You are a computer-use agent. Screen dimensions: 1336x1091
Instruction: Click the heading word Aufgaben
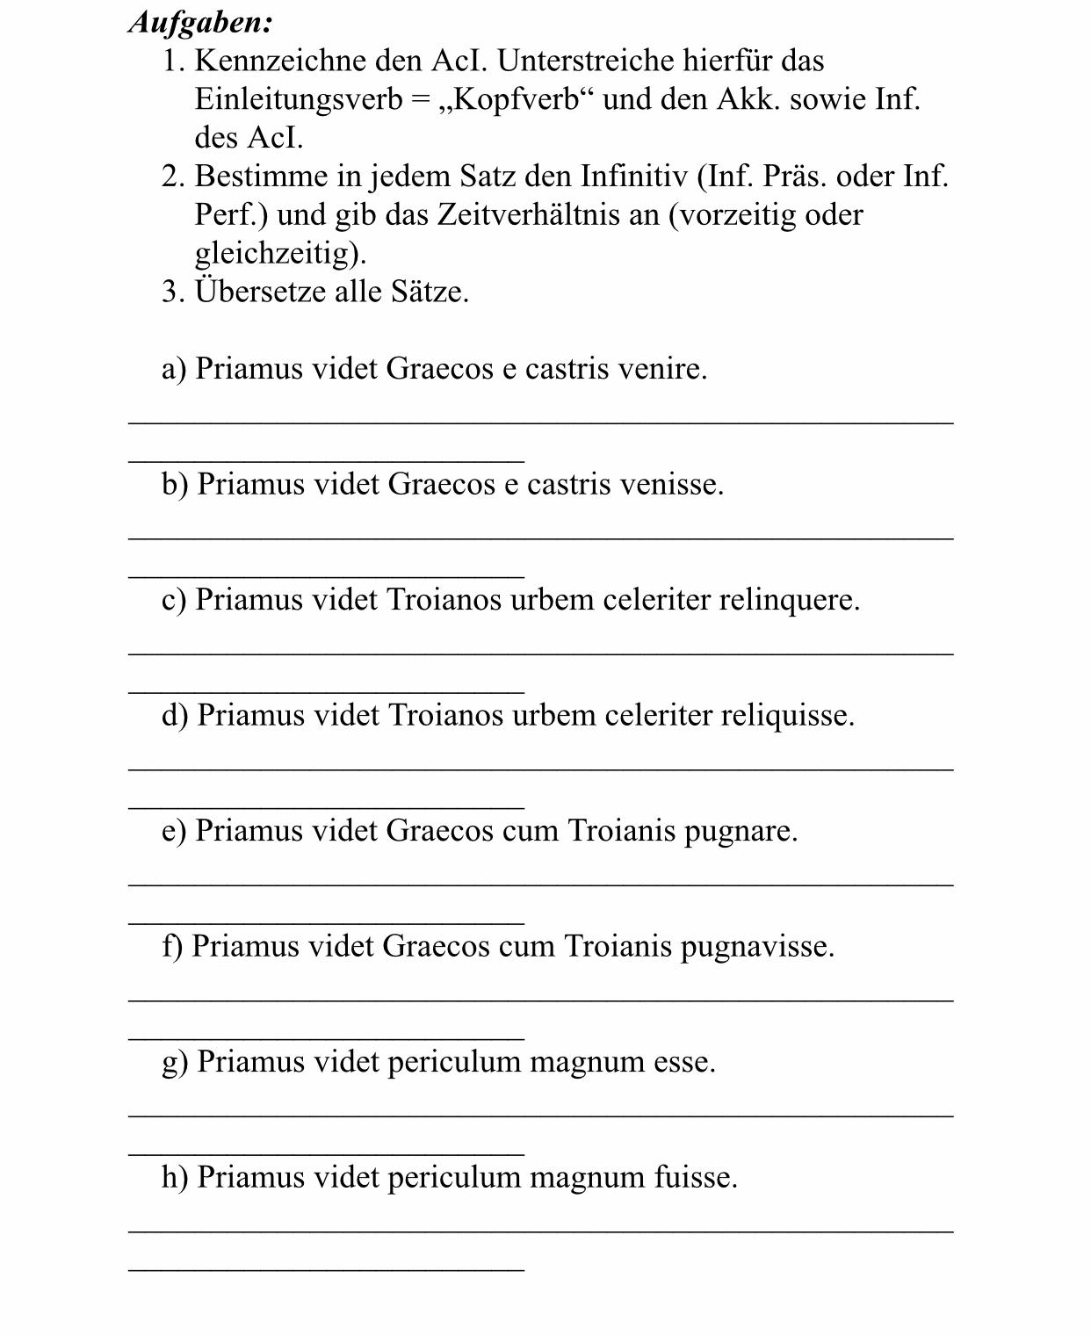[200, 23]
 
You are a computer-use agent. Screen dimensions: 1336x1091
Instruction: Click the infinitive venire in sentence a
[661, 369]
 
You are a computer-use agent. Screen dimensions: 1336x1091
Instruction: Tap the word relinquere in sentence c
[788, 600]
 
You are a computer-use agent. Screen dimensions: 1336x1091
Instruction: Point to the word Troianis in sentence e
[621, 831]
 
